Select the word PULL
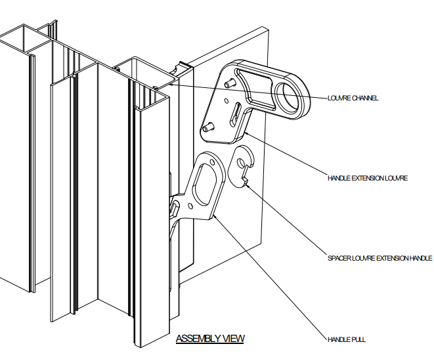point(358,339)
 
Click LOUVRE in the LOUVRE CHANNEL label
point(339,98)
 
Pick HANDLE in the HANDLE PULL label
point(339,339)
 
